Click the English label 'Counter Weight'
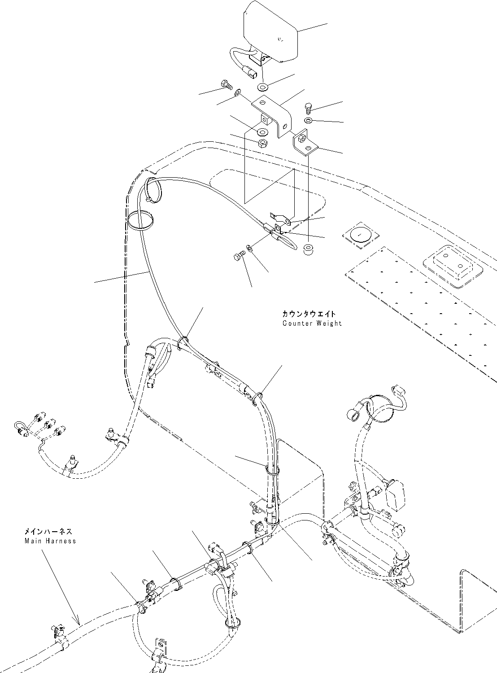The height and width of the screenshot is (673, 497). [x=312, y=323]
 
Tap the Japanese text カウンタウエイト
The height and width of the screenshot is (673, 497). [x=309, y=314]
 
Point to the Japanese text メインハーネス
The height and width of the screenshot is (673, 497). [x=48, y=532]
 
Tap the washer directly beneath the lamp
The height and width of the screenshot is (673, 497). [x=262, y=87]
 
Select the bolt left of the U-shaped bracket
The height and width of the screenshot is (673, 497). [x=227, y=84]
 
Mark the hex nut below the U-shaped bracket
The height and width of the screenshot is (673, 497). [x=262, y=143]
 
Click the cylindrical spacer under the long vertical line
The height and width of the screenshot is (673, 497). [x=308, y=249]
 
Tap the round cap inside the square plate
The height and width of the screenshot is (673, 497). [x=360, y=234]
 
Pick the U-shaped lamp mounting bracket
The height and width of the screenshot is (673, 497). [x=271, y=117]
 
